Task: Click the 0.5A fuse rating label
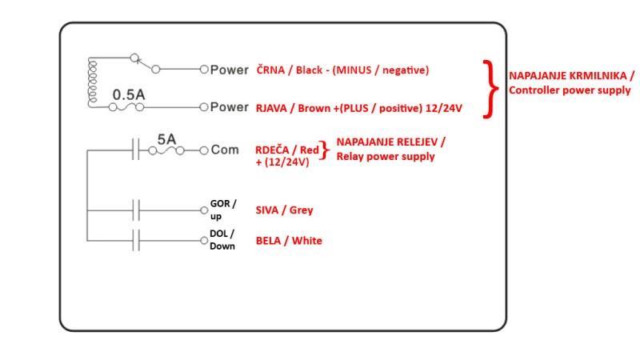pyautogui.click(x=128, y=94)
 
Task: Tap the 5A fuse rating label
pyautogui.click(x=166, y=138)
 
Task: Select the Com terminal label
pyautogui.click(x=225, y=150)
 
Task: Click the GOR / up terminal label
pyautogui.click(x=222, y=210)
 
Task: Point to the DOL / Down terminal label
pyautogui.click(x=222, y=239)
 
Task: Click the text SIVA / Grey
pyautogui.click(x=284, y=210)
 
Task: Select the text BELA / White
pyautogui.click(x=289, y=240)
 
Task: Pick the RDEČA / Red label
pyautogui.click(x=286, y=150)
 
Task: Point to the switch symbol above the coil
pyautogui.click(x=144, y=62)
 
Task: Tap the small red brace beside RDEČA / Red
pyautogui.click(x=325, y=150)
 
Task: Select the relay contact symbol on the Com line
pyautogui.click(x=137, y=150)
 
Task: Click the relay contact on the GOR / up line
pyautogui.click(x=137, y=211)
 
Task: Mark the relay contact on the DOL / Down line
pyautogui.click(x=137, y=240)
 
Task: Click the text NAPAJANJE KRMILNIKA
pyautogui.click(x=571, y=75)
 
